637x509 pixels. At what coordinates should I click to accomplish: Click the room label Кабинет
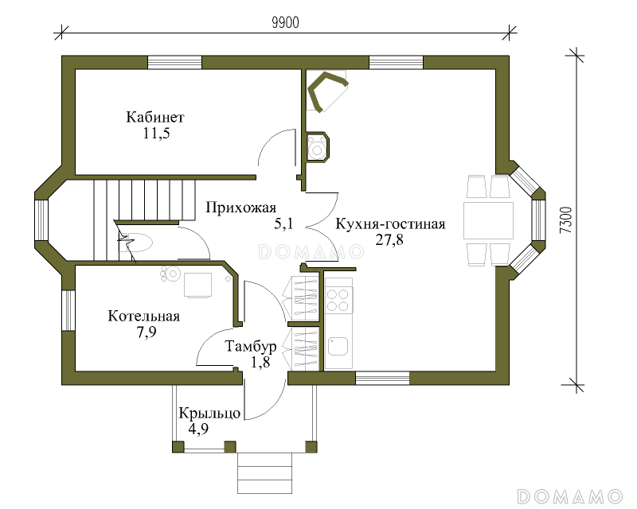click(155, 117)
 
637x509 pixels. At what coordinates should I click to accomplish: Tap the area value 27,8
click(389, 240)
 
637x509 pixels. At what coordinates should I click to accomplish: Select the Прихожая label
click(241, 208)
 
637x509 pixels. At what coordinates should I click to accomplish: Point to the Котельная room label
click(144, 317)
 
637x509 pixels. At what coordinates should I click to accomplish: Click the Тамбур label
click(251, 347)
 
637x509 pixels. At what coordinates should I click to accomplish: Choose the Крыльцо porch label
click(209, 414)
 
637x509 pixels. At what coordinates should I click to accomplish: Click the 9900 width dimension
click(285, 23)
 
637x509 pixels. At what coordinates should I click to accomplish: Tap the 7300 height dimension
click(567, 220)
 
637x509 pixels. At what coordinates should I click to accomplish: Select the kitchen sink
click(338, 346)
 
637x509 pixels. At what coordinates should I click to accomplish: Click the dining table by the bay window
click(489, 220)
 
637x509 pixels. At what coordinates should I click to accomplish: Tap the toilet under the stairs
click(137, 243)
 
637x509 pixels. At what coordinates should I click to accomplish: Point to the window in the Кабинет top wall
click(174, 63)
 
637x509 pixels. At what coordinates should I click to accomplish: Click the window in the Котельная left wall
click(68, 310)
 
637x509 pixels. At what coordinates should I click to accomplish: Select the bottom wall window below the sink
click(382, 378)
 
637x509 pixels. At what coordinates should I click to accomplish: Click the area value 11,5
click(156, 133)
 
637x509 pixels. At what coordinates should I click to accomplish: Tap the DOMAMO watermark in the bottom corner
click(570, 496)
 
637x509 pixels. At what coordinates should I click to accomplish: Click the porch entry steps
click(265, 473)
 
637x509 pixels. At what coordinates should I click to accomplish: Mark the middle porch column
click(230, 447)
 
